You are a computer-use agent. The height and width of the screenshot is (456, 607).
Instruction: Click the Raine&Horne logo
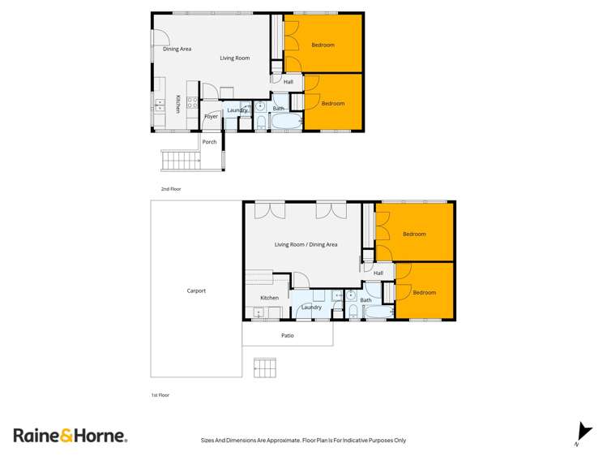point(71,436)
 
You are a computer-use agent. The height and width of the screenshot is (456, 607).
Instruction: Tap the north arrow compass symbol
point(580,433)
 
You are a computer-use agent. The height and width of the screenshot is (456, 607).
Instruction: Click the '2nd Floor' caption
point(170,189)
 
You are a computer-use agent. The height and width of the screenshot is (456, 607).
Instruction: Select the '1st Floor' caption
point(160,395)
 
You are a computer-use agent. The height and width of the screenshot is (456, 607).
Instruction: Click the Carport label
point(196,290)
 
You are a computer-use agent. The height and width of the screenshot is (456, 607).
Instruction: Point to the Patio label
point(288,335)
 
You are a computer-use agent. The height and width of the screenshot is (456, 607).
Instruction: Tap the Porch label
point(209,142)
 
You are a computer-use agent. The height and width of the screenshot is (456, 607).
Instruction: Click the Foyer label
point(211,117)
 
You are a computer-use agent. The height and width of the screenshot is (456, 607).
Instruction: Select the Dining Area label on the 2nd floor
point(177,49)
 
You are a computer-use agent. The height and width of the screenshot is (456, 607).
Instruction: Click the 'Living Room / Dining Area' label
point(306,244)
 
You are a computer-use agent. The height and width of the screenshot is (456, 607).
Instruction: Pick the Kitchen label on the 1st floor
point(269,298)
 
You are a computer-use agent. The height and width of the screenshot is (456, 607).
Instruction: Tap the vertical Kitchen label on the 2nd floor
point(178,103)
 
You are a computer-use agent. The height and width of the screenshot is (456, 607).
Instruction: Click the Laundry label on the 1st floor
point(311,308)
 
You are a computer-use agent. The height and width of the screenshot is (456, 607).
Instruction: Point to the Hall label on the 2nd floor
point(288,82)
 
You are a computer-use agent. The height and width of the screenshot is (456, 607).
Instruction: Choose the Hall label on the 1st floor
point(378,273)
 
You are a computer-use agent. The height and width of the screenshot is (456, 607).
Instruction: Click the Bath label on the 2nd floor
point(278,109)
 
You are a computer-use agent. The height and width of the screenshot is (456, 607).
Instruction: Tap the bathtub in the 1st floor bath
point(378,312)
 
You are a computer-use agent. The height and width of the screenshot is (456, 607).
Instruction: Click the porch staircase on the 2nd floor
point(180,160)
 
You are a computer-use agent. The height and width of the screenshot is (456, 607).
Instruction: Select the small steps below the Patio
point(265,368)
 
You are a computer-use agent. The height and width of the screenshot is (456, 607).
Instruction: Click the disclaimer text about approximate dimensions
point(303,441)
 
